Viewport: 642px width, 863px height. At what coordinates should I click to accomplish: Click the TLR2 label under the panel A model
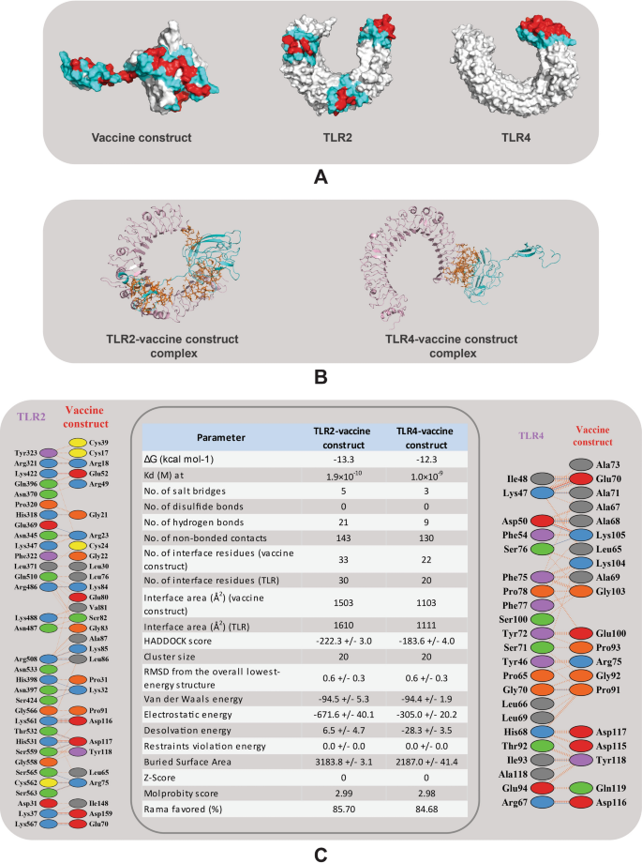(322, 138)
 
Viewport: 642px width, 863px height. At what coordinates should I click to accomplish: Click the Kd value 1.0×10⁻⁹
(419, 477)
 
